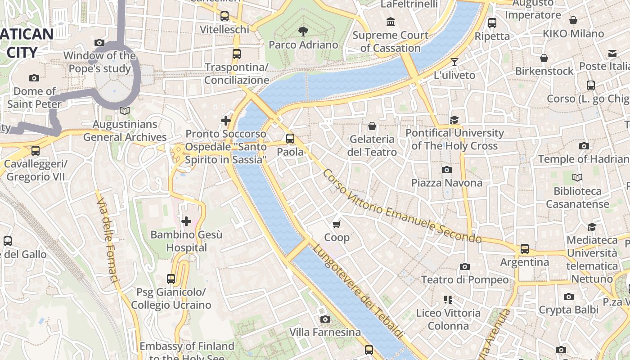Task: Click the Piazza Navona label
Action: [x=447, y=183]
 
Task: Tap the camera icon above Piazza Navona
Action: [x=447, y=170]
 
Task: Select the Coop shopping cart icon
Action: [x=337, y=224]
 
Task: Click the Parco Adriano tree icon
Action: [x=303, y=31]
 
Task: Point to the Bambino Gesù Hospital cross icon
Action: [x=186, y=221]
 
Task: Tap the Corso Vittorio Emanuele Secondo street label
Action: [x=402, y=207]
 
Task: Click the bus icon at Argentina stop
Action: [x=525, y=248]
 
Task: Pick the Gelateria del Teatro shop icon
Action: [x=372, y=126]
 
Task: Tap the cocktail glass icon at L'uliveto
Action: [x=454, y=62]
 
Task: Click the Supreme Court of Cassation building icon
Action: [x=391, y=22]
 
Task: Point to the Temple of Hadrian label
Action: [x=584, y=159]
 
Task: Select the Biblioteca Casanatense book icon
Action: [x=577, y=178]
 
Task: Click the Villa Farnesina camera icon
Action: [x=325, y=319]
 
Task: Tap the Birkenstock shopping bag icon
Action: [x=544, y=58]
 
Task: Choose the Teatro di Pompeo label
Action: [x=465, y=279]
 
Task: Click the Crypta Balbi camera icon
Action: [x=569, y=297]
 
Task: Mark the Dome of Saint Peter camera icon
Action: [x=34, y=78]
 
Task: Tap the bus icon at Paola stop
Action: [x=290, y=139]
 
